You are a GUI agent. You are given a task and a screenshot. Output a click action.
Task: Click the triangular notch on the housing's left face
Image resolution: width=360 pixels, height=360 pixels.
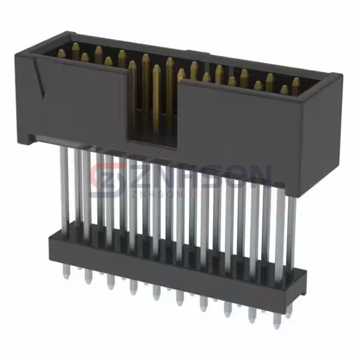tap(41, 84)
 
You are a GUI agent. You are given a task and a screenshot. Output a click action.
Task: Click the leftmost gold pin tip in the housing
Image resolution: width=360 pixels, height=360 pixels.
tap(61, 53)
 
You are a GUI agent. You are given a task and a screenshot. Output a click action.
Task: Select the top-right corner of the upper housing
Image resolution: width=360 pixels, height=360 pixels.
tap(340, 77)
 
